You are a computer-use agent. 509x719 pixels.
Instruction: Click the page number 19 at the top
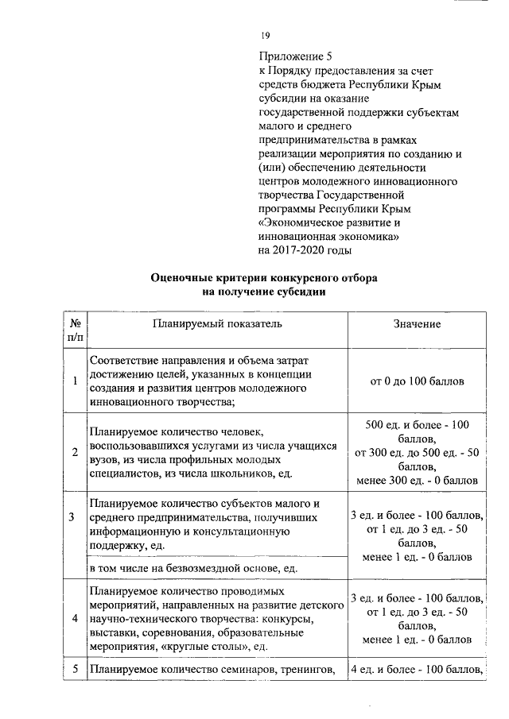(265, 36)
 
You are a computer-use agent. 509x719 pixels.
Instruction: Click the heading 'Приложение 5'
(293, 56)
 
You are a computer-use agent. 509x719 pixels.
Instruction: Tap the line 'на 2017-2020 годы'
(305, 250)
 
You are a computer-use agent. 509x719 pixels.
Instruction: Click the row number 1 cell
(73, 381)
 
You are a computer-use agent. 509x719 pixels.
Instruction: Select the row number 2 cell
(73, 452)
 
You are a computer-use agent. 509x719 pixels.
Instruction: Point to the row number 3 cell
(73, 518)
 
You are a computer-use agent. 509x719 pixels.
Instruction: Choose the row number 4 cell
(73, 619)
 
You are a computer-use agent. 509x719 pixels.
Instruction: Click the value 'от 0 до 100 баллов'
(417, 381)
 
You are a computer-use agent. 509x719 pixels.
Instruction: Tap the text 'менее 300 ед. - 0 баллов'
(417, 481)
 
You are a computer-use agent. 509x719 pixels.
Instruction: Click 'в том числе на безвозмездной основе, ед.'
(193, 570)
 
